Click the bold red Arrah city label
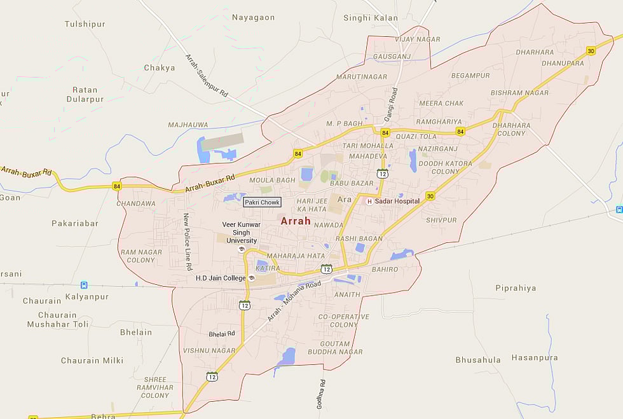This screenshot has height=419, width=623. tap(296, 221)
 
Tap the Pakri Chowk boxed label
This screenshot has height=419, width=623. tap(262, 202)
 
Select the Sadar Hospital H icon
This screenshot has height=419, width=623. tap(369, 201)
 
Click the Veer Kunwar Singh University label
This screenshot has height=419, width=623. tap(242, 233)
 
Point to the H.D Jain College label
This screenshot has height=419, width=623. tap(220, 278)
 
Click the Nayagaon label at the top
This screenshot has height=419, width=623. tap(254, 18)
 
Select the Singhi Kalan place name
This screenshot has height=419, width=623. tap(370, 18)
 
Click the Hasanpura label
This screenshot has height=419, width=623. tap(535, 358)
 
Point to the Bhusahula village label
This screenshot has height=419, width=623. tap(478, 360)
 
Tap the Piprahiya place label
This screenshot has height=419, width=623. tap(516, 288)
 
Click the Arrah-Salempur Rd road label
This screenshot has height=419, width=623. tap(207, 76)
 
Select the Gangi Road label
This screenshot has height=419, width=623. tap(390, 105)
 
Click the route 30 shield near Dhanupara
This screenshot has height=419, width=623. tap(591, 51)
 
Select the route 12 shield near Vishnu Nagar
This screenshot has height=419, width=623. tap(212, 376)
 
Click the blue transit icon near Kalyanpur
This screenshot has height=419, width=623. tap(83, 285)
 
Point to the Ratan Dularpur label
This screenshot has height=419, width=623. tap(85, 95)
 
